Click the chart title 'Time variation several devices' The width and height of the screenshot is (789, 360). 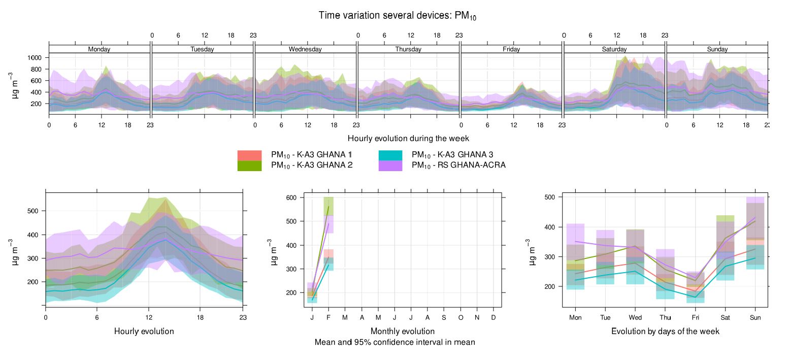tap(397, 16)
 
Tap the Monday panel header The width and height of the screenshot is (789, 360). tap(99, 49)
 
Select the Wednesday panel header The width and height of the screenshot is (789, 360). tap(305, 49)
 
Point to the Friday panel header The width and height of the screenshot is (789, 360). tap(511, 49)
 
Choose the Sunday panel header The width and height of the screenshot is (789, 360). tap(717, 49)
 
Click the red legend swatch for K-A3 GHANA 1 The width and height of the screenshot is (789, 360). tap(249, 155)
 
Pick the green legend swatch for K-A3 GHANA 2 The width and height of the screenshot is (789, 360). tap(249, 166)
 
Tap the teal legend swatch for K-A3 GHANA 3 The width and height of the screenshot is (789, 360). tap(390, 155)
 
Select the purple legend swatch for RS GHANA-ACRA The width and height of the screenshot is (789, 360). tap(390, 166)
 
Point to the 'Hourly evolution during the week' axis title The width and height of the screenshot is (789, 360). tap(408, 138)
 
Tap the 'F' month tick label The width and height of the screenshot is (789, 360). tap(328, 317)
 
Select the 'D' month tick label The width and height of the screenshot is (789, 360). tap(494, 317)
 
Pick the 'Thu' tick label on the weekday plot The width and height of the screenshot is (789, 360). tap(665, 317)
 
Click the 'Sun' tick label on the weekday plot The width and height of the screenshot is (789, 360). tap(755, 317)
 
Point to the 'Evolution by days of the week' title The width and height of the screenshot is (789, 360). tap(665, 332)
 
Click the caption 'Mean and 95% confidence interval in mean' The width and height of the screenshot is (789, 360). tap(394, 342)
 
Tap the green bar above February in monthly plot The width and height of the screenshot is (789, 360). tap(328, 205)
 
